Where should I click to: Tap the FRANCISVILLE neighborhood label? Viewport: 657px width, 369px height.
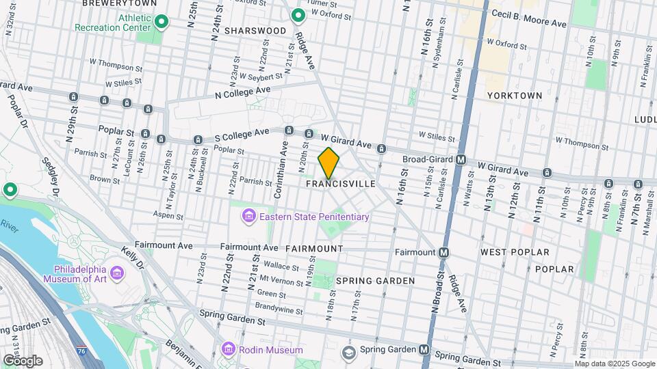(340, 184)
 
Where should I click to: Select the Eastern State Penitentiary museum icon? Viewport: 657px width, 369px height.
(249, 217)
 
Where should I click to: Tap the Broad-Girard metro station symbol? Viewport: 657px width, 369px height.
(461, 159)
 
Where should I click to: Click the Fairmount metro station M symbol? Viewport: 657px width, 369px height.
(443, 252)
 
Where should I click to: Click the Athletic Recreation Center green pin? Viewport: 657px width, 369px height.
(161, 23)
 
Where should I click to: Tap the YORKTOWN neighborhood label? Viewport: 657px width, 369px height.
(514, 96)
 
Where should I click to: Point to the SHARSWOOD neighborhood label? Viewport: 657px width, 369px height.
(255, 31)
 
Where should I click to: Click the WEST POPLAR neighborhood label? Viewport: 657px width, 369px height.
(515, 252)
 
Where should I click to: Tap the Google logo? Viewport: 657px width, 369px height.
(23, 360)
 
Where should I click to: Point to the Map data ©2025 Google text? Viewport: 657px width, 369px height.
(615, 364)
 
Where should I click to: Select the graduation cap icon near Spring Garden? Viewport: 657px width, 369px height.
(349, 353)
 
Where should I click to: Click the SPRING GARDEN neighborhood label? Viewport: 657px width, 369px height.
(375, 281)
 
